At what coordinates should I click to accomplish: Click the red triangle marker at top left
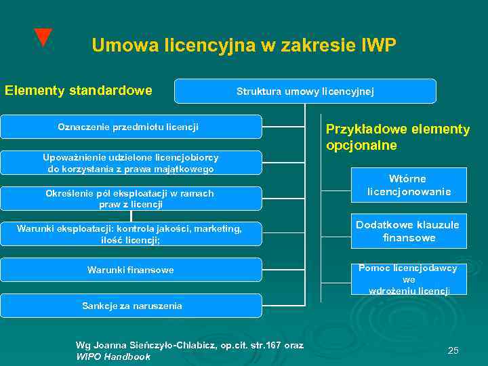pos(43,37)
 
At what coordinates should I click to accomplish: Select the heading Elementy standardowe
pos(78,90)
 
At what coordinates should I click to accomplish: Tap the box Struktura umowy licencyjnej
pos(305,91)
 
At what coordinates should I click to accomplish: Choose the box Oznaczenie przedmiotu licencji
pos(130,127)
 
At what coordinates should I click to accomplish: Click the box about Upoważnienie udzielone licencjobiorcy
pos(130,163)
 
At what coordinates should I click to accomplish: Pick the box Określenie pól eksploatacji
pos(130,199)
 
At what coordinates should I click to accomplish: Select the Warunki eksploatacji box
pos(130,234)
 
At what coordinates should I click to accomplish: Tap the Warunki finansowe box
pos(130,270)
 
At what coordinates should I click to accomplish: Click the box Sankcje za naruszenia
pos(130,306)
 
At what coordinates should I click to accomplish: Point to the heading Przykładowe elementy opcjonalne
pos(397,138)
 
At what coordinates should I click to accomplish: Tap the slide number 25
pos(453,350)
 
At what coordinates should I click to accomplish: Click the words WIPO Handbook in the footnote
pos(113,357)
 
